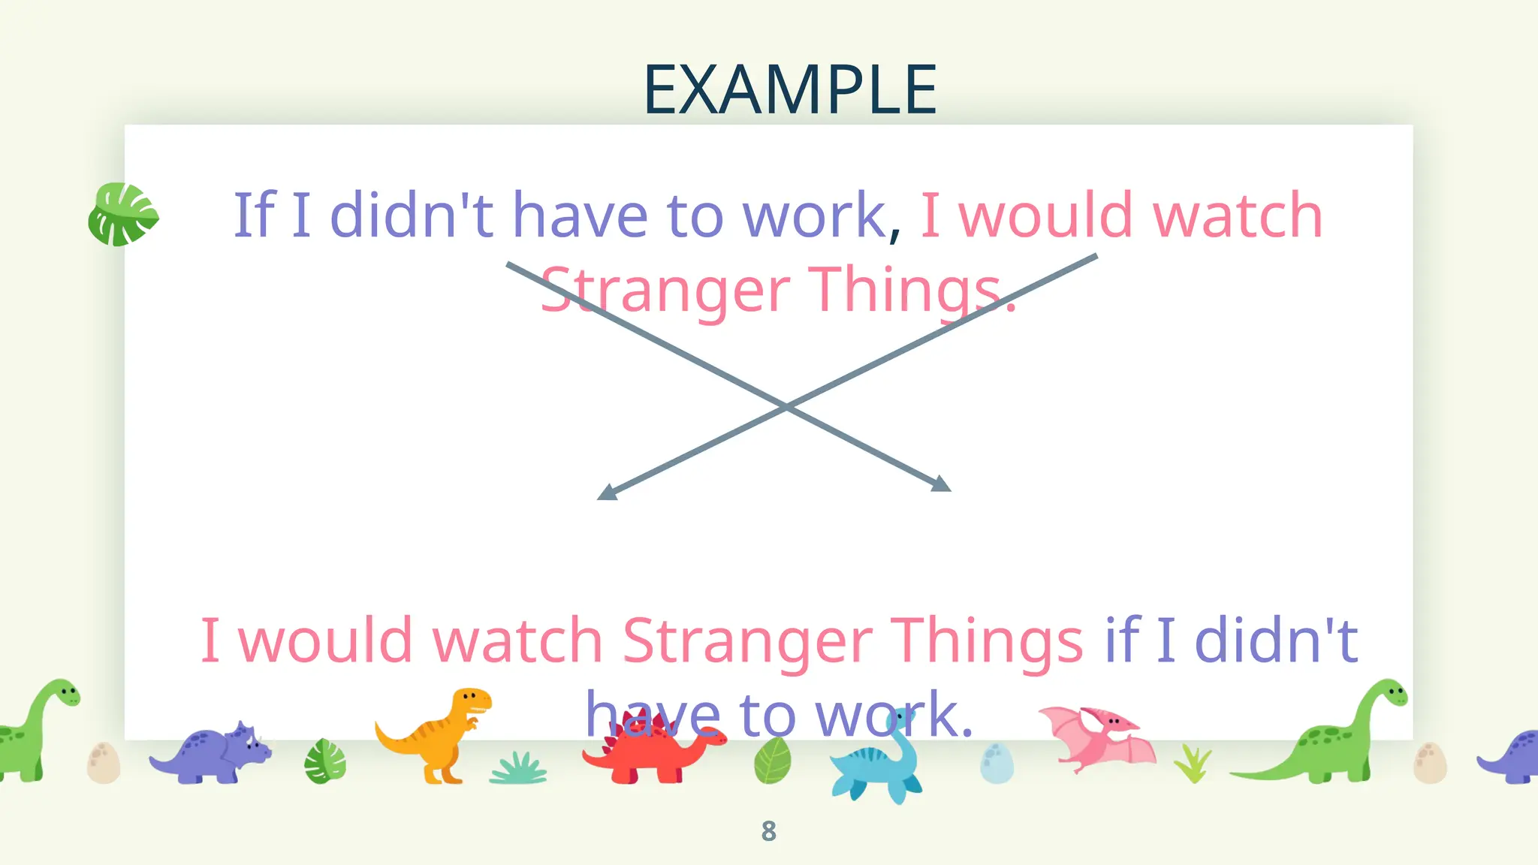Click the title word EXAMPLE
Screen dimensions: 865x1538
pyautogui.click(x=790, y=90)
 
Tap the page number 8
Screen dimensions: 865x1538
pyautogui.click(x=768, y=831)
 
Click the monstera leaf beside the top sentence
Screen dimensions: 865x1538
pyautogui.click(x=123, y=215)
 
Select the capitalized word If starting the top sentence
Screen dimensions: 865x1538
pyautogui.click(x=255, y=215)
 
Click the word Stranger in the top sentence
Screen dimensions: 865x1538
pyautogui.click(x=665, y=291)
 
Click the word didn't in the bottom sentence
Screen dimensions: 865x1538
pyautogui.click(x=1276, y=640)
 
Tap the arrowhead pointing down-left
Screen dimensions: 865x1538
pyautogui.click(x=607, y=492)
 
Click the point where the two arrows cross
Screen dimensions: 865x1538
pyautogui.click(x=786, y=406)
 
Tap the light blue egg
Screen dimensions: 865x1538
pyautogui.click(x=997, y=763)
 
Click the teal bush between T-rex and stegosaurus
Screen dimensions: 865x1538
pyautogui.click(x=518, y=769)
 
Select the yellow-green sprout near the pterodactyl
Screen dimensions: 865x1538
pyautogui.click(x=1193, y=763)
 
